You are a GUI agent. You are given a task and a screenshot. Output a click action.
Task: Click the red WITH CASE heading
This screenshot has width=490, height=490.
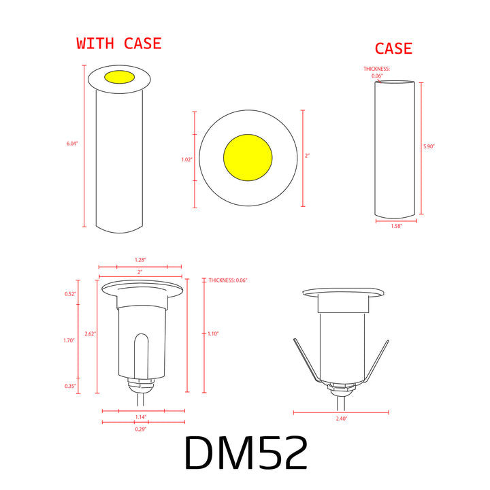pos(119,44)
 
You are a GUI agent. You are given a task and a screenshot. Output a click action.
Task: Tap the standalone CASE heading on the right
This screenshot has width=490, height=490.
pos(393,49)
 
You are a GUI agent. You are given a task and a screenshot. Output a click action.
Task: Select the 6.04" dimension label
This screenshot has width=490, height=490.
pos(73,144)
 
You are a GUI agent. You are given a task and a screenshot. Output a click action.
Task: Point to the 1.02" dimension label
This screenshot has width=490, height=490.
pos(187,159)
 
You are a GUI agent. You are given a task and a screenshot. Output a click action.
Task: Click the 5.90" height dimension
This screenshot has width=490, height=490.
pos(429,146)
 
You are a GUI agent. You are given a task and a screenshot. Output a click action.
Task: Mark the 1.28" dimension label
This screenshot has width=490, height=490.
pos(140,260)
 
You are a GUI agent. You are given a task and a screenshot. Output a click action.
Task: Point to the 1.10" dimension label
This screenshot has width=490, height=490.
pos(214,333)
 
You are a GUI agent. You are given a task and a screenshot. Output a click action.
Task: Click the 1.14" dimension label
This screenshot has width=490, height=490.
pos(140,416)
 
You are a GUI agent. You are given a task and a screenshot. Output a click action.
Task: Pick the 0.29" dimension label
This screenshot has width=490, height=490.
pos(140,429)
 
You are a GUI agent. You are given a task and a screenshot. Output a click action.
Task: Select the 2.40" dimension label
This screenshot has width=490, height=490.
pos(341,419)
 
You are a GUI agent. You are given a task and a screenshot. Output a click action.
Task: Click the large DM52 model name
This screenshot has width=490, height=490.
pos(246,453)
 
